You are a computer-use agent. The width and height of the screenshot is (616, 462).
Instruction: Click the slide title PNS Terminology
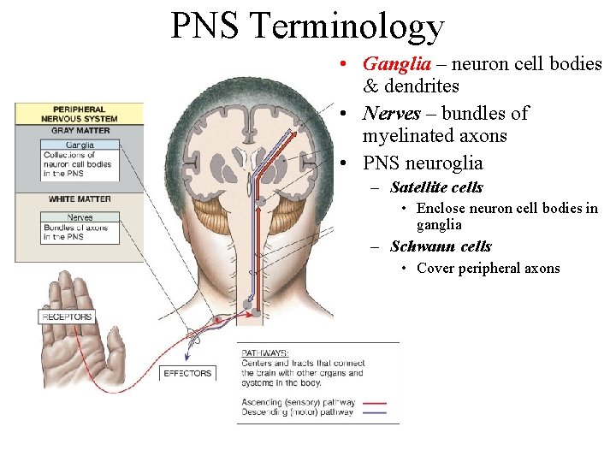tap(307, 26)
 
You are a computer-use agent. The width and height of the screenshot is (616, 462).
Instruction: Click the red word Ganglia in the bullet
tap(388, 64)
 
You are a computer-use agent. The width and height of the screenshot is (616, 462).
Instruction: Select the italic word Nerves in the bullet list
tap(391, 114)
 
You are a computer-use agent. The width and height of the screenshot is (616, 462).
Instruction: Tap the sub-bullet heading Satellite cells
tap(436, 187)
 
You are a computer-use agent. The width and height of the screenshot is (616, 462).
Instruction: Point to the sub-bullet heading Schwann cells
tap(441, 246)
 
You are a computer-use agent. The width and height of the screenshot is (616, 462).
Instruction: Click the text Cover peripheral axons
tap(488, 269)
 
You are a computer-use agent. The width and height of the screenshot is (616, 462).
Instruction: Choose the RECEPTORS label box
tap(67, 317)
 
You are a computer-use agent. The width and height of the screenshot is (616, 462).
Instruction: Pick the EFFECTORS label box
tap(187, 373)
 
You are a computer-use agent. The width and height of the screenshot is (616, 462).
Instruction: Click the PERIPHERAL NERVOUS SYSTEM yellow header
tap(80, 115)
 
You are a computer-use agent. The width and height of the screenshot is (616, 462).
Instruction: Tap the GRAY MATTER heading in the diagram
tap(80, 131)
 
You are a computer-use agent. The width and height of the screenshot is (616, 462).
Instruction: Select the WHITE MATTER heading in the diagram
tap(80, 199)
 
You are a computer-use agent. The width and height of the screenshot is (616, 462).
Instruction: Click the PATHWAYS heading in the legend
tap(265, 352)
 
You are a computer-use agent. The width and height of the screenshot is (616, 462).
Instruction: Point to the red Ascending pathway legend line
tap(374, 402)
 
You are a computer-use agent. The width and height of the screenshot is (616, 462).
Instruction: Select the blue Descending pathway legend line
tap(374, 412)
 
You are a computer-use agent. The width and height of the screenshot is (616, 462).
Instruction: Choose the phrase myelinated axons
tap(435, 136)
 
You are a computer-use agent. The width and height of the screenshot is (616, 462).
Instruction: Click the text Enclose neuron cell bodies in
tap(506, 209)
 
